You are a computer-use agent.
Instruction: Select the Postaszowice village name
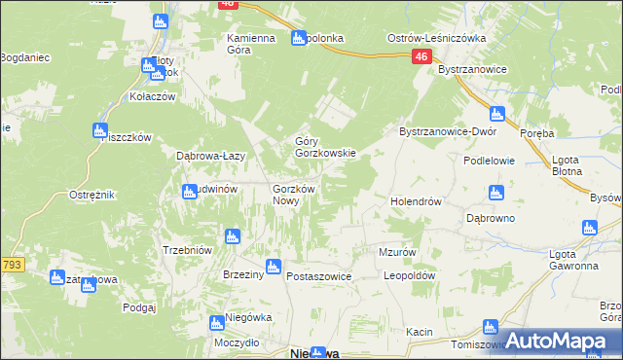(318, 277)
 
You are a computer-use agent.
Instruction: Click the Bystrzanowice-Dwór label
(449, 131)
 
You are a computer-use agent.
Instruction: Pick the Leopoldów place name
(408, 275)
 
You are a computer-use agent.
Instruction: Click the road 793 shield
(12, 264)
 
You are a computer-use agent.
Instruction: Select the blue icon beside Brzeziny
(274, 266)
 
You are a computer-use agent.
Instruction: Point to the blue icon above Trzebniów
(232, 235)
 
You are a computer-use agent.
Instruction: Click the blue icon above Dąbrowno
(496, 193)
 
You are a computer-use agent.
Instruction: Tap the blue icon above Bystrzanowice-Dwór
(497, 113)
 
